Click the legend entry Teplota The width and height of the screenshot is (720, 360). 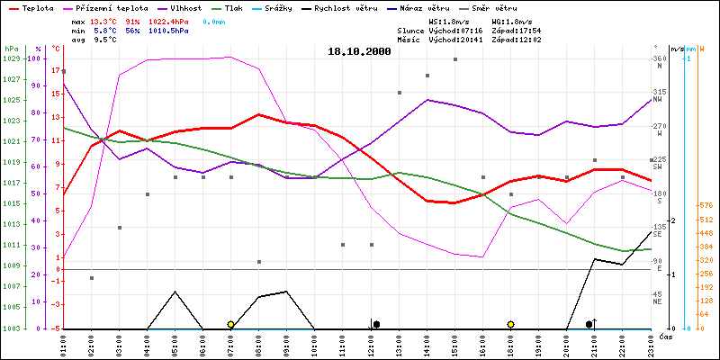click(36, 7)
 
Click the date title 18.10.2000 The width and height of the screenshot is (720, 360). click(359, 52)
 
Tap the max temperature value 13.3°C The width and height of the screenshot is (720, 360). click(104, 20)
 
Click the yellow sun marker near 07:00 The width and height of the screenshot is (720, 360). click(231, 324)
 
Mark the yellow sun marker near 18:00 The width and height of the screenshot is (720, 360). click(510, 324)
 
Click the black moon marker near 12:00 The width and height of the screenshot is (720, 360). click(376, 324)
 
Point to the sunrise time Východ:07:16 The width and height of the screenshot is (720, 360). click(455, 30)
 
